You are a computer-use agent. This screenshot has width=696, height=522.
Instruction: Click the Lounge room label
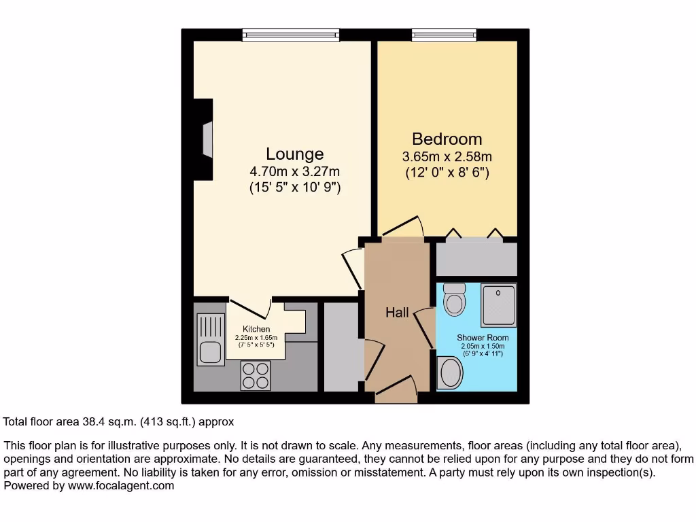[x=294, y=154]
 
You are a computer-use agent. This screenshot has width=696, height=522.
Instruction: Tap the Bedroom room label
[x=447, y=139]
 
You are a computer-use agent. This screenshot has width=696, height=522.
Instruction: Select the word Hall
[x=397, y=313]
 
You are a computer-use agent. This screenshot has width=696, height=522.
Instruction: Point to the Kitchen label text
[x=256, y=329]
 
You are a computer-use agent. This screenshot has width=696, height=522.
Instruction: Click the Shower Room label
[x=482, y=337]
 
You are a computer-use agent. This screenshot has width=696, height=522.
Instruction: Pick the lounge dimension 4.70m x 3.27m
[x=294, y=171]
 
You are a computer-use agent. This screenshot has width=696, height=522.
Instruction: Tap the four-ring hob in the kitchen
[x=256, y=375]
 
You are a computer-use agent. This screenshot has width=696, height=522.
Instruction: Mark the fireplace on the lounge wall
[x=205, y=139]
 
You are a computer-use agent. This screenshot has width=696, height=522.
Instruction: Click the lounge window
[x=290, y=35]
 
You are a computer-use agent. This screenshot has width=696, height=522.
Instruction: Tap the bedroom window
[x=444, y=35]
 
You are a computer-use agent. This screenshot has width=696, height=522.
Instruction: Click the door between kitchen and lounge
[x=251, y=307]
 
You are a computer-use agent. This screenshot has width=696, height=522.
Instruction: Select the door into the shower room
[x=425, y=326]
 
